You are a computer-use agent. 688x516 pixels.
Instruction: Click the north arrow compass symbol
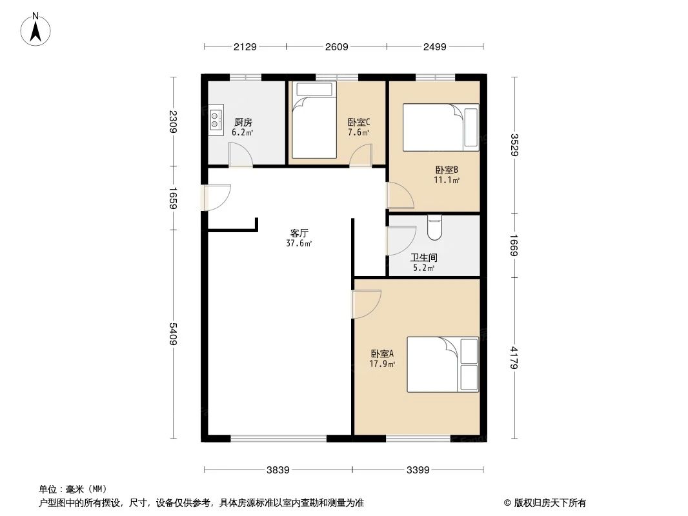(36, 30)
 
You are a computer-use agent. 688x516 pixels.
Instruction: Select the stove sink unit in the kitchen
(216, 119)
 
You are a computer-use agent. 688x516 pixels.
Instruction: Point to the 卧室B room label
(446, 170)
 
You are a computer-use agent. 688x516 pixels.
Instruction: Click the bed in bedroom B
(441, 128)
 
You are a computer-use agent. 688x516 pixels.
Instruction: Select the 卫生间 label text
(423, 257)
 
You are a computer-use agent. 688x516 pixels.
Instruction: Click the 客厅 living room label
(299, 233)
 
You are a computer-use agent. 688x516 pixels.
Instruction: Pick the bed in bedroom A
(443, 364)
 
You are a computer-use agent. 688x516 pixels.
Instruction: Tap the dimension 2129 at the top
(245, 46)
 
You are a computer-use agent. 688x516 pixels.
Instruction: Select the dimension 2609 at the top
(336, 46)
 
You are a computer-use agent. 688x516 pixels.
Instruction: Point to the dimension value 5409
(173, 333)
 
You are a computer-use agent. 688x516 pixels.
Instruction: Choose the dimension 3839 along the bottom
(278, 470)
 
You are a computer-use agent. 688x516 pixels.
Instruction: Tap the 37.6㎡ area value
(299, 243)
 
